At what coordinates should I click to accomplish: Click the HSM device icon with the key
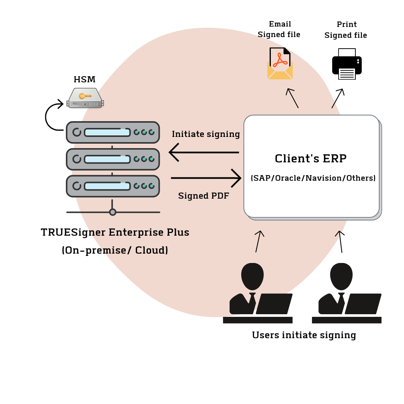[85, 98]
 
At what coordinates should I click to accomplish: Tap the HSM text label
[84, 79]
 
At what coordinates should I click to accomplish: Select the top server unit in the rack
[113, 132]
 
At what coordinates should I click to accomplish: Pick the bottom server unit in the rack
[113, 186]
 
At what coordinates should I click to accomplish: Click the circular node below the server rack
[113, 212]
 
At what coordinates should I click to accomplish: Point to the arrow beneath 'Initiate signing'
[204, 152]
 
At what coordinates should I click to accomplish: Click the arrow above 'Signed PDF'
[206, 178]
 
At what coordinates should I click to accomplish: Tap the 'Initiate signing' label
[206, 134]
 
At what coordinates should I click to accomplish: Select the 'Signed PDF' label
[203, 196]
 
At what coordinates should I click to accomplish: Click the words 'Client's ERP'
[310, 159]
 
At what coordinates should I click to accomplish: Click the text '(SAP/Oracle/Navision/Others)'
[313, 178]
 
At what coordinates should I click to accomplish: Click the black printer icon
[347, 64]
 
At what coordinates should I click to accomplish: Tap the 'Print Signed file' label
[346, 30]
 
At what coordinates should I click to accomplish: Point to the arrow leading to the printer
[337, 98]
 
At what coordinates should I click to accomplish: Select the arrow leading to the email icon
[293, 98]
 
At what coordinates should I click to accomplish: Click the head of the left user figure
[252, 276]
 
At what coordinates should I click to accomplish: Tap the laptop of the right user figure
[362, 304]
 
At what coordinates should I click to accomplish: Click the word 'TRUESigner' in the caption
[73, 232]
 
